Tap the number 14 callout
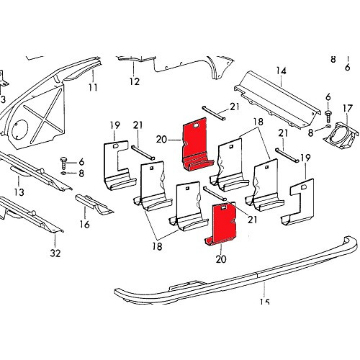click(280, 71)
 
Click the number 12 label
click(134, 81)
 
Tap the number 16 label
click(85, 224)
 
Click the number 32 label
click(55, 253)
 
